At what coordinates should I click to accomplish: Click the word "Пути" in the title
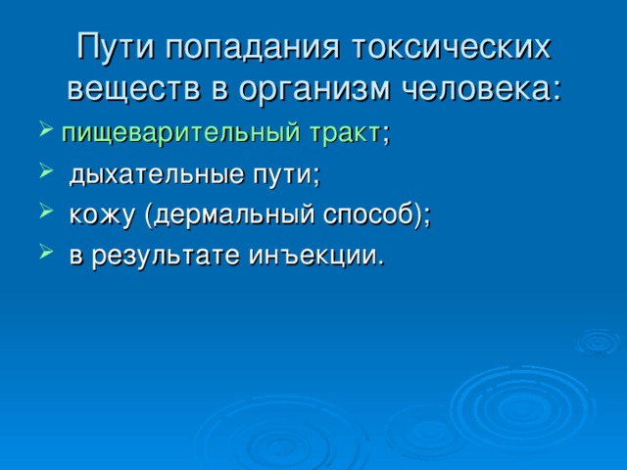(116, 48)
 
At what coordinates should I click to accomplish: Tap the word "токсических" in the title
(451, 48)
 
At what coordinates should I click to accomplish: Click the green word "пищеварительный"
(180, 134)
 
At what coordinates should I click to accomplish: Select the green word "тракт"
(344, 133)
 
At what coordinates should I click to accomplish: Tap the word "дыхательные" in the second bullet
(156, 176)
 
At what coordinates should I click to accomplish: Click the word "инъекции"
(313, 257)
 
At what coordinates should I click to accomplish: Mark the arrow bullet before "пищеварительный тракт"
(46, 129)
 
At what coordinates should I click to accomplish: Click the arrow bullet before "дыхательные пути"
(46, 171)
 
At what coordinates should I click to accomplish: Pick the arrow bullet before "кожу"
(46, 211)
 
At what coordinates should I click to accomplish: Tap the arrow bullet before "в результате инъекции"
(46, 252)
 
